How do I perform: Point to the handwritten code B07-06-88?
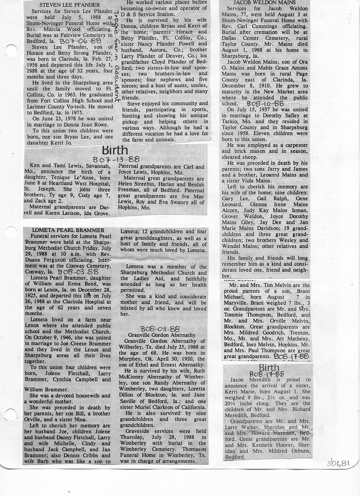pos(84,41)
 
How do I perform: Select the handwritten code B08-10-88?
pos(265,103)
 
